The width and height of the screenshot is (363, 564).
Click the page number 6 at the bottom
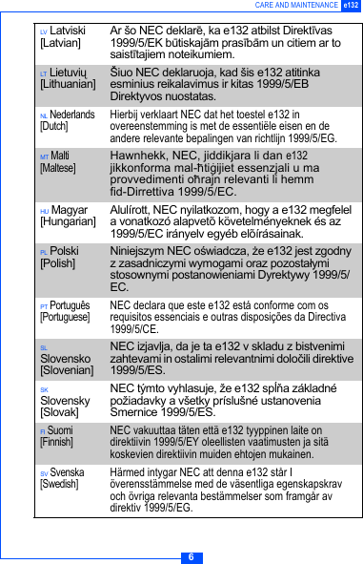(x=191, y=557)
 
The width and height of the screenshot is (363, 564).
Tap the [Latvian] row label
(x=60, y=44)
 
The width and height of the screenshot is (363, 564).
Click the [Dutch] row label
(x=53, y=126)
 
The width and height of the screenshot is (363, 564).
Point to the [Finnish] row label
(x=56, y=443)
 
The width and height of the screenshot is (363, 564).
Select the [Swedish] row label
(x=58, y=484)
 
